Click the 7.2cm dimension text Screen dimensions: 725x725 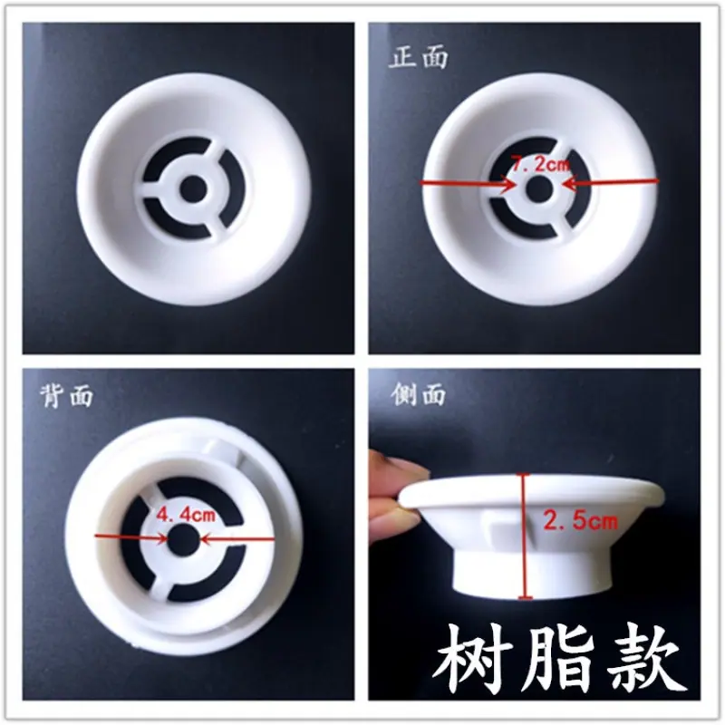[x=540, y=163]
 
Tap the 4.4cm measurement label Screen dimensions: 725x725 [x=186, y=514]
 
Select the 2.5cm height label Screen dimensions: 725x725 [x=580, y=521]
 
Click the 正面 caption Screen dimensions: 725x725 [x=419, y=57]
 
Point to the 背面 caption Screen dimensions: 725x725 [x=66, y=396]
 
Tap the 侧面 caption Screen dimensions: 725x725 [x=418, y=394]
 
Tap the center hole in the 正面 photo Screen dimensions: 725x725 [x=539, y=188]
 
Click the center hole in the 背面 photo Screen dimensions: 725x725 [x=183, y=539]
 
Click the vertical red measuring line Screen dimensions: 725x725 [x=524, y=536]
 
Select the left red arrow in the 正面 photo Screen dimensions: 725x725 [x=467, y=184]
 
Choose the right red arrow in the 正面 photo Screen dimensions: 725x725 [x=610, y=182]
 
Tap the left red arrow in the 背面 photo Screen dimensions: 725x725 [x=130, y=537]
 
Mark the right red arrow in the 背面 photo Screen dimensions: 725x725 [x=237, y=538]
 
